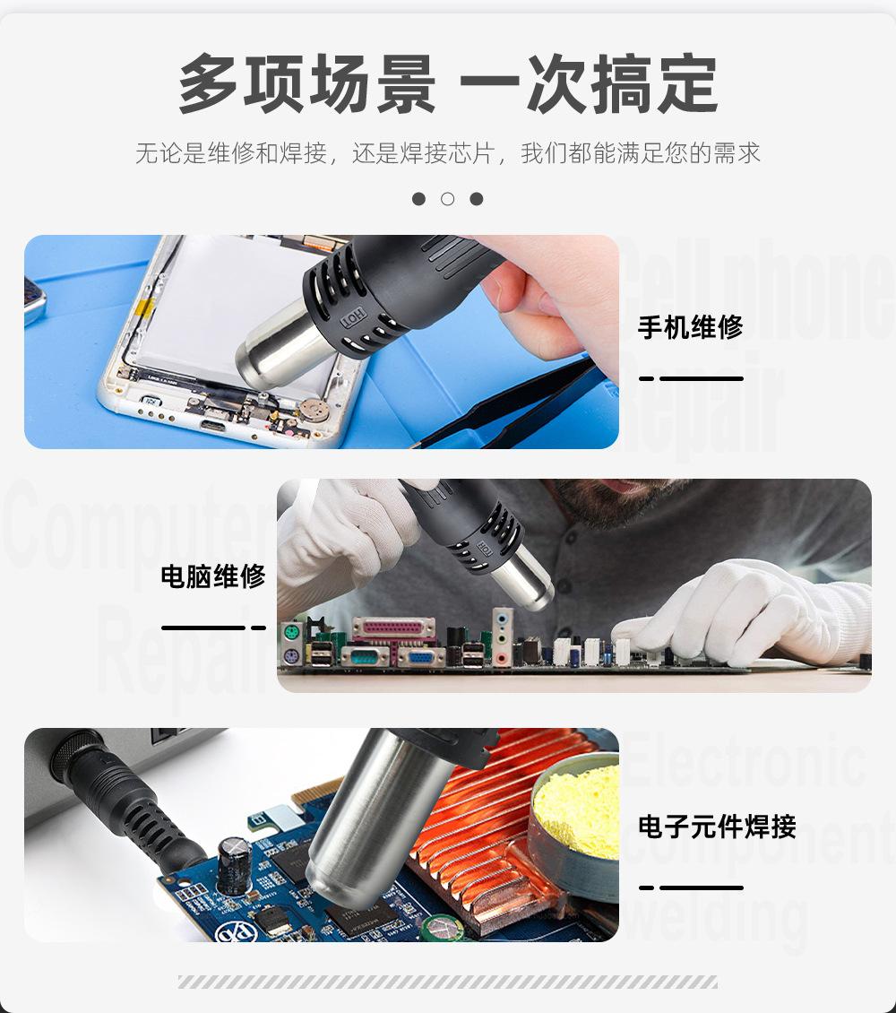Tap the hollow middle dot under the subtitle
pyautogui.click(x=448, y=199)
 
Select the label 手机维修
pyautogui.click(x=690, y=327)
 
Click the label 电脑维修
pyautogui.click(x=213, y=576)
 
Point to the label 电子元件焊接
pyautogui.click(x=717, y=826)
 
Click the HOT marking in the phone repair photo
pyautogui.click(x=351, y=318)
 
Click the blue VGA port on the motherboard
pyautogui.click(x=421, y=657)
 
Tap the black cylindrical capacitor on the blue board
pyautogui.click(x=234, y=865)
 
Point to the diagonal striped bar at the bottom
pyautogui.click(x=448, y=982)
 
